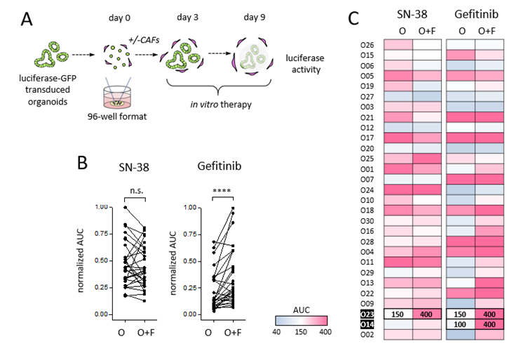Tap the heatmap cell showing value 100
click(x=461, y=325)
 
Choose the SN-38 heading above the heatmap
click(x=412, y=13)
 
